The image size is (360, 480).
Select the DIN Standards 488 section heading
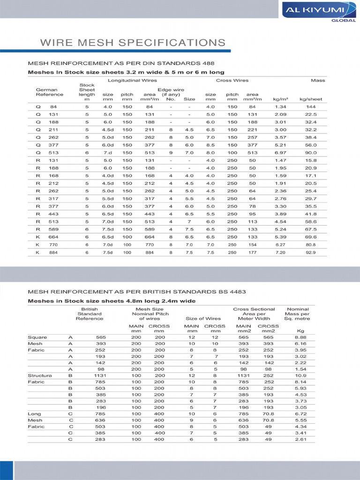click(x=122, y=63)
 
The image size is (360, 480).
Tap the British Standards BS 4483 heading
click(x=137, y=292)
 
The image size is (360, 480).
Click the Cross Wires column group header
click(x=232, y=81)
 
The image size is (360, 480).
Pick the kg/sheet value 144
click(x=310, y=107)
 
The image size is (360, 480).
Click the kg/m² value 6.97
click(x=280, y=153)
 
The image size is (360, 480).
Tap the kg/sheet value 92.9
click(x=310, y=252)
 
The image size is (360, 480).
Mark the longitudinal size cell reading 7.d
click(x=108, y=153)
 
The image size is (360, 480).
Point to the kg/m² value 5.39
click(x=280, y=237)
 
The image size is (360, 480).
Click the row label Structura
click(x=40, y=375)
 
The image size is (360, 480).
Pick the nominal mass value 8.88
click(x=300, y=337)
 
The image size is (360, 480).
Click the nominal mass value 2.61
click(x=300, y=440)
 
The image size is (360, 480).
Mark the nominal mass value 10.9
click(x=300, y=375)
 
